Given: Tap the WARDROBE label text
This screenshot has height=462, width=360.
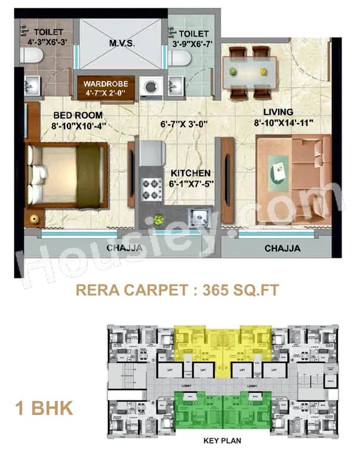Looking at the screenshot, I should (106, 83).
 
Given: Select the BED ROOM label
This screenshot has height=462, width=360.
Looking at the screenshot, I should (78, 115).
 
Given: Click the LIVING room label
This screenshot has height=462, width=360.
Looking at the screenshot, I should (278, 112).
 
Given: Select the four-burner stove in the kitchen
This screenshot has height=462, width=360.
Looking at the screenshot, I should (152, 190).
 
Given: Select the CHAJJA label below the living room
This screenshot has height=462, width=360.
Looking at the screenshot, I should (282, 248).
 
